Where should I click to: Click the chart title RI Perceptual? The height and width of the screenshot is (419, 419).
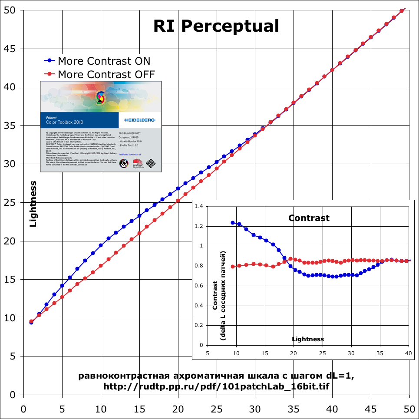click(216, 26)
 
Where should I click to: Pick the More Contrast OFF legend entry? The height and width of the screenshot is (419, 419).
click(100, 74)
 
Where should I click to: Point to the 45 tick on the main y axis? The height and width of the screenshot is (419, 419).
click(10, 49)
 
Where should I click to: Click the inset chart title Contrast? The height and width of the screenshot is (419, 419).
click(309, 218)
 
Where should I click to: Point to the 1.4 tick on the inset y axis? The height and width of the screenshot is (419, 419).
click(199, 206)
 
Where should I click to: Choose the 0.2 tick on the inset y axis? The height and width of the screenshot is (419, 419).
click(199, 325)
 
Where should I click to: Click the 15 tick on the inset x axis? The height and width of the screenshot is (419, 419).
click(265, 353)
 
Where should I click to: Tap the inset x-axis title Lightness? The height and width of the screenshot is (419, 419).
click(308, 339)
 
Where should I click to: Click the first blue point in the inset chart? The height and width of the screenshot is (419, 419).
click(233, 222)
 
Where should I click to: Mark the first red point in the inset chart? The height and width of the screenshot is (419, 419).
click(233, 266)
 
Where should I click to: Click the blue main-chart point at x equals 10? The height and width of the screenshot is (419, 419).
click(101, 245)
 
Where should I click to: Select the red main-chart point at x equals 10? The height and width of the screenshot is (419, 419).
click(101, 266)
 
